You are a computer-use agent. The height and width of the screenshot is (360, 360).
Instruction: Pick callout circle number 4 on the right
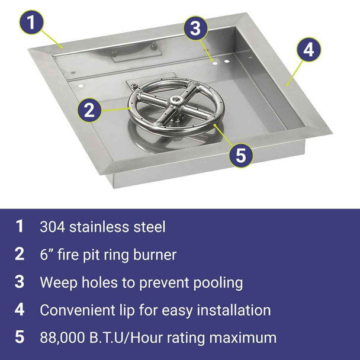coord(307,50)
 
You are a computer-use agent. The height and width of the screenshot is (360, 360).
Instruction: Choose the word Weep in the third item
coord(56,282)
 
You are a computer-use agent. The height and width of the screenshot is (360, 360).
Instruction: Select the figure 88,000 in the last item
coord(62,338)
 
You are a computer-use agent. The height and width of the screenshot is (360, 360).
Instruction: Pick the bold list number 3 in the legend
coord(20,282)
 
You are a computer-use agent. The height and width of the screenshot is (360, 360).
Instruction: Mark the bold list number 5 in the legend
coord(20,338)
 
